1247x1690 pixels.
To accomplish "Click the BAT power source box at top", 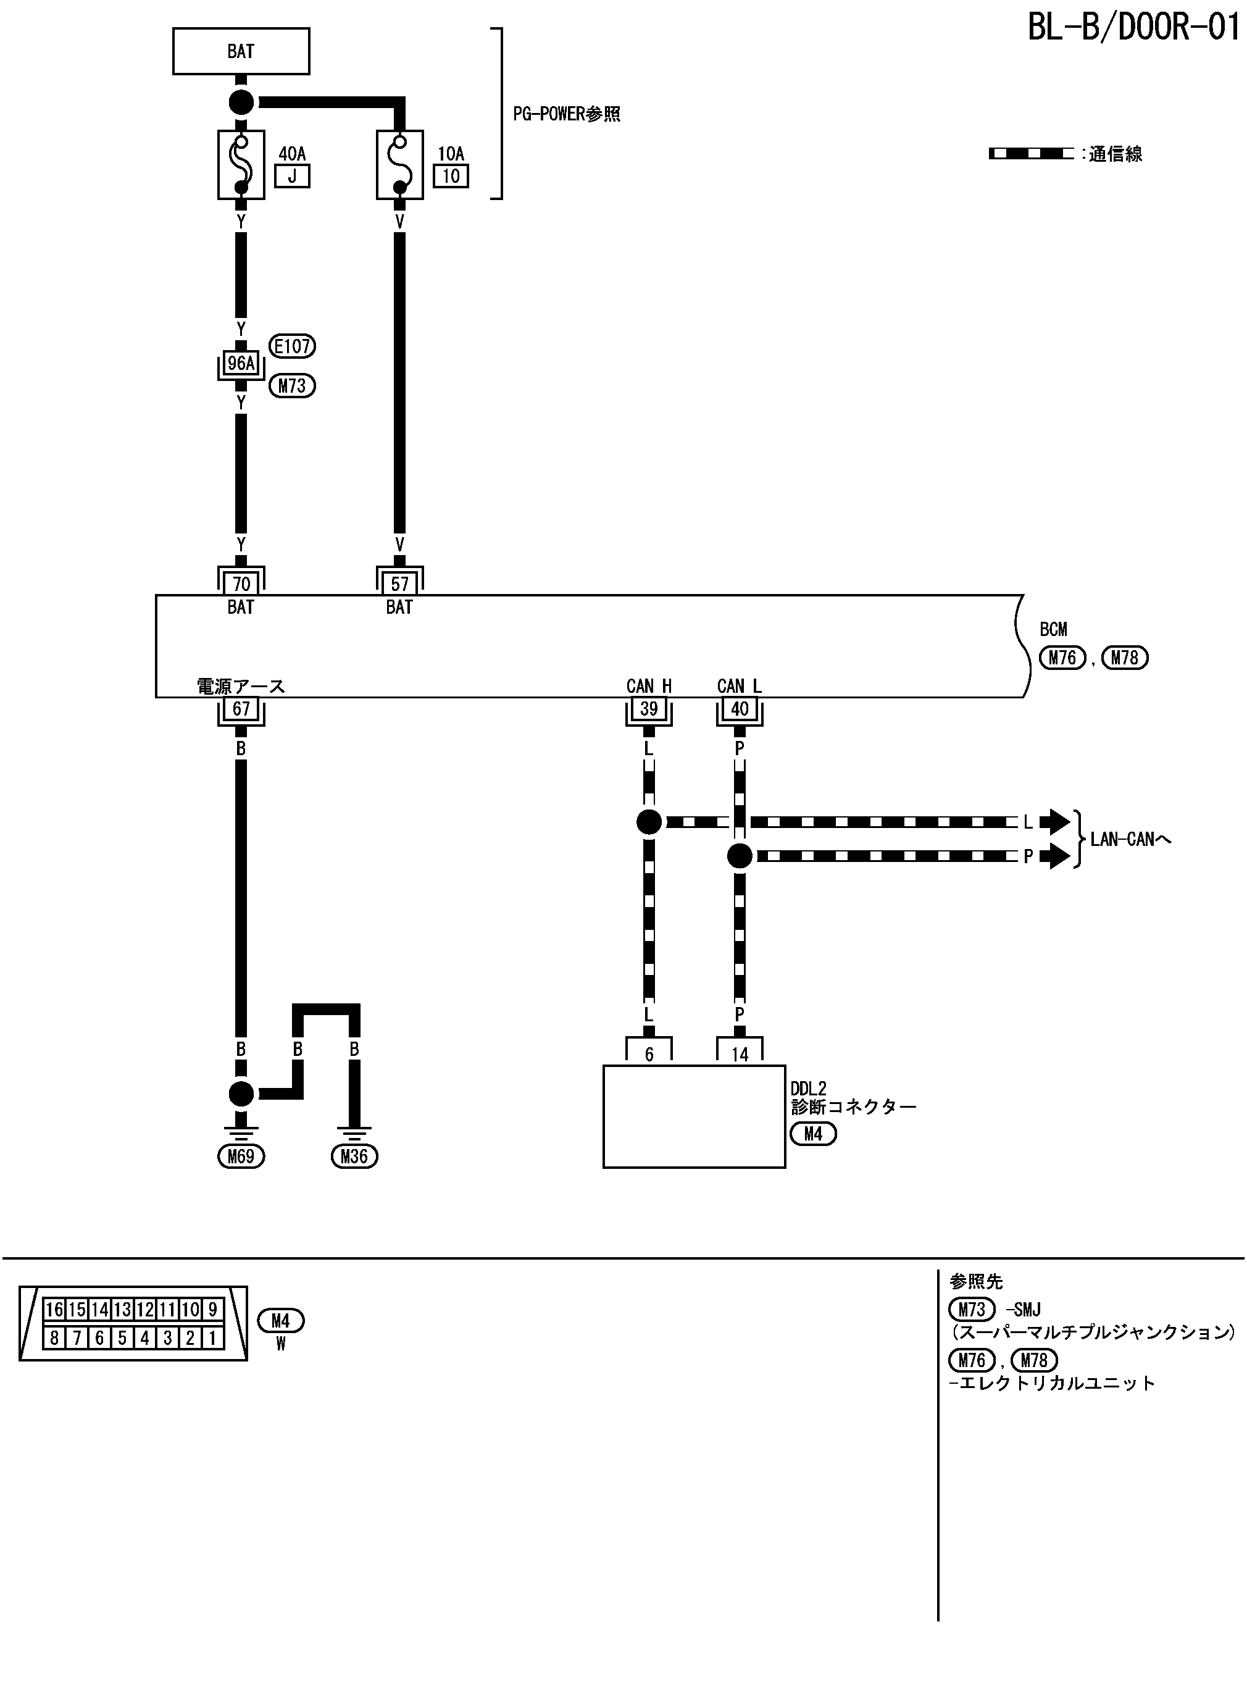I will coord(241,51).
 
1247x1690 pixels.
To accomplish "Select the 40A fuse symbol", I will coord(241,164).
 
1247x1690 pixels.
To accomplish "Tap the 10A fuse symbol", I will coord(399,164).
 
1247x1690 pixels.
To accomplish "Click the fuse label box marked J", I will coord(292,177).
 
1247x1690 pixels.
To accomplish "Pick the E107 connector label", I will coord(292,346).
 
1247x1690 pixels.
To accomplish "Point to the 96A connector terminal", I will coord(241,364).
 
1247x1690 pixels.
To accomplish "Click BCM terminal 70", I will coord(241,583).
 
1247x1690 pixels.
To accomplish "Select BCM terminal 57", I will coord(399,583).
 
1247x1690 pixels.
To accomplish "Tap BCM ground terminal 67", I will coord(241,709).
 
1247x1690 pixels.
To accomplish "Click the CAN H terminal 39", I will coord(648,709).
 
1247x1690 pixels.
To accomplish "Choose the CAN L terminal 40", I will coord(739,709).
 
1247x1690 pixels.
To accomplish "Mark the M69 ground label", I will coord(241,1157).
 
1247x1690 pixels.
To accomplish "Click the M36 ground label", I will coord(354,1157).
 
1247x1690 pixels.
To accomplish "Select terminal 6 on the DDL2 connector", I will coord(648,1053).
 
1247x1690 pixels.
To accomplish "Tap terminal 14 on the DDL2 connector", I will coord(739,1053).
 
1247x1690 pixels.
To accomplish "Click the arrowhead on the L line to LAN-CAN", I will coord(1054,822).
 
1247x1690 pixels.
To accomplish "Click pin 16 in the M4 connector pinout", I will coord(54,1310).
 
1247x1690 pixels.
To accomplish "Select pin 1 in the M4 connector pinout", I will coord(213,1338).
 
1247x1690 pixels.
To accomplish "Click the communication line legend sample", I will coord(1031,154).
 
